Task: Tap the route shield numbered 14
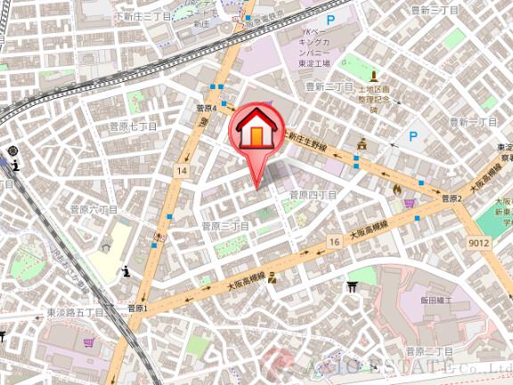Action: coord(182,169)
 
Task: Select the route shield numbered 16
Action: coord(334,242)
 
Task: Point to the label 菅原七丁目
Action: coord(133,127)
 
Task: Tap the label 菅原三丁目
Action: coord(224,226)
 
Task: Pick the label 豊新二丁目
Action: coord(330,86)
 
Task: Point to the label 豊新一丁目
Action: coord(472,121)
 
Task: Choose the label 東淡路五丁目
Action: coord(76,313)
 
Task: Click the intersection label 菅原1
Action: coord(138,308)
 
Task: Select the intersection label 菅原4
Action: coord(207,108)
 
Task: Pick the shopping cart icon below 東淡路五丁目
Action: coord(88,341)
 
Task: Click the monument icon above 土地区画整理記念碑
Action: coord(373,77)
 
